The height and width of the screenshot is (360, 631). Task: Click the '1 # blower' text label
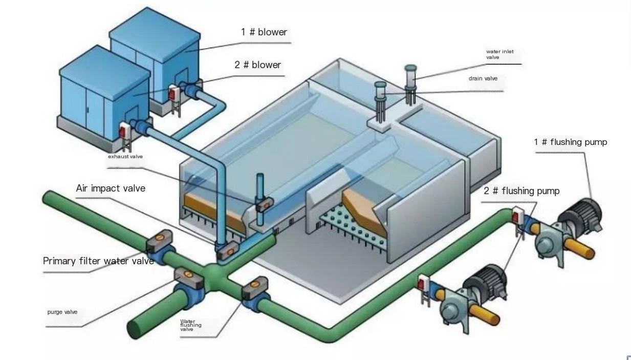[x=264, y=32]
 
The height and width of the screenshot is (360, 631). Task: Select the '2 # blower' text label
[x=258, y=65]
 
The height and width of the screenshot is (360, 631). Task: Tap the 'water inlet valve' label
[x=499, y=54]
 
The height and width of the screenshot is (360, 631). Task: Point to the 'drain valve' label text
[x=483, y=78]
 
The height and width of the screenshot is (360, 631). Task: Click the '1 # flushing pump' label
[x=570, y=142]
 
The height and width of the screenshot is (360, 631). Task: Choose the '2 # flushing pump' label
[x=521, y=191]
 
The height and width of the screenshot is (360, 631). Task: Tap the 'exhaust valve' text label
[x=125, y=156]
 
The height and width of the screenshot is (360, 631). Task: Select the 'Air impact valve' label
[x=111, y=188]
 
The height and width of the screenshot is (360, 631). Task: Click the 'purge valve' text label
[x=62, y=312]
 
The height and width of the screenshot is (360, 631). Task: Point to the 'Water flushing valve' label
[x=190, y=325]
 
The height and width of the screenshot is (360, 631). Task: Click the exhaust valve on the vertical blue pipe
[x=265, y=204]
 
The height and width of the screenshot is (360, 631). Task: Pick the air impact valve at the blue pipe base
[x=226, y=250]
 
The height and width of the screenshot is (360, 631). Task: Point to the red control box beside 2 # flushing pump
[x=424, y=283]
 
